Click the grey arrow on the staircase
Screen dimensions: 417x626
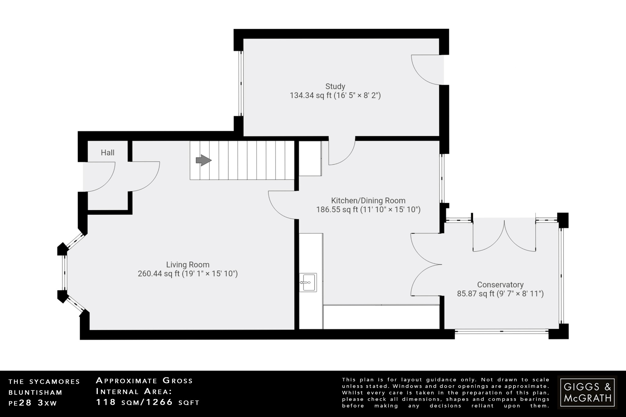pyautogui.click(x=203, y=160)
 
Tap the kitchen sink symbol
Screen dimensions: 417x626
pyautogui.click(x=308, y=283)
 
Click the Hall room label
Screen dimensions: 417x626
pyautogui.click(x=108, y=152)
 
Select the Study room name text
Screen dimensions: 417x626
pyautogui.click(x=335, y=86)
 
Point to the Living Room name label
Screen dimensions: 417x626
pyautogui.click(x=188, y=265)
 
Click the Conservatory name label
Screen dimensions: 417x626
pyautogui.click(x=500, y=285)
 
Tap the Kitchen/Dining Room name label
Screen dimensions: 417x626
pyautogui.click(x=368, y=201)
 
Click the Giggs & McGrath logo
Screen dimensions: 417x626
pyautogui.click(x=587, y=392)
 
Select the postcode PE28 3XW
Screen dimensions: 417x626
pyautogui.click(x=33, y=403)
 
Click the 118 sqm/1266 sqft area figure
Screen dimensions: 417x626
pyautogui.click(x=148, y=402)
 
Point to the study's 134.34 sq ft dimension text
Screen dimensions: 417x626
pyautogui.click(x=335, y=96)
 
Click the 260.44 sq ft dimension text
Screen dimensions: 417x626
pyautogui.click(x=188, y=274)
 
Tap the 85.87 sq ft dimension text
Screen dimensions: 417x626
pyautogui.click(x=500, y=294)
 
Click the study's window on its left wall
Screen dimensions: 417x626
pyautogui.click(x=241, y=83)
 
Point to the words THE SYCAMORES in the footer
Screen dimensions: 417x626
pyautogui.click(x=44, y=382)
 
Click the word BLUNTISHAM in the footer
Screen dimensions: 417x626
pyautogui.click(x=35, y=392)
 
